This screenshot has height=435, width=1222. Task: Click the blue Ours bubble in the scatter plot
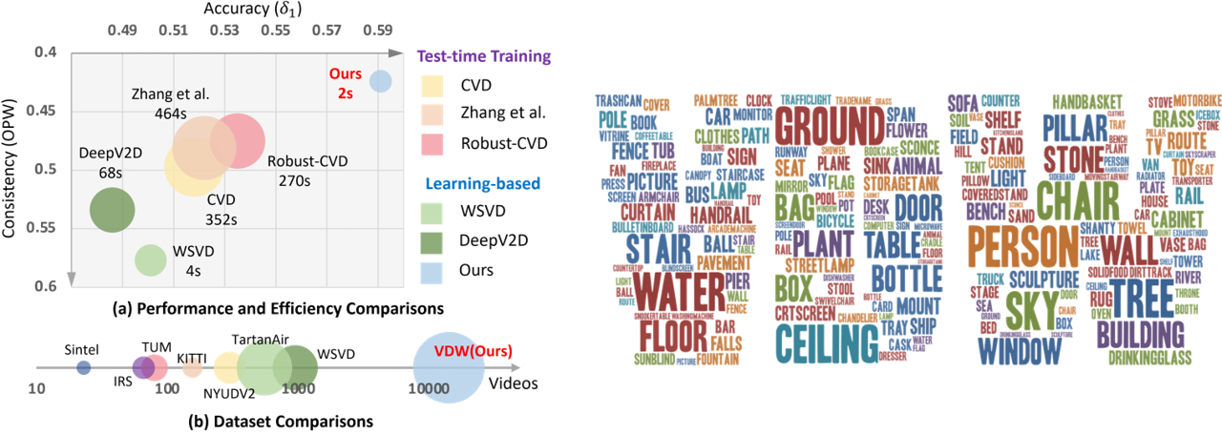(381, 82)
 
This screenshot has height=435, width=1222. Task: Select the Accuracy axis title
(247, 9)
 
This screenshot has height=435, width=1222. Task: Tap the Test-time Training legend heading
(484, 56)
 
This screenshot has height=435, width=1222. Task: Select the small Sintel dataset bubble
(84, 366)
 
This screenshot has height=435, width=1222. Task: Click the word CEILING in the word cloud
(827, 342)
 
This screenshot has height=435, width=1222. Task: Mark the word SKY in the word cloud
(1033, 306)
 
